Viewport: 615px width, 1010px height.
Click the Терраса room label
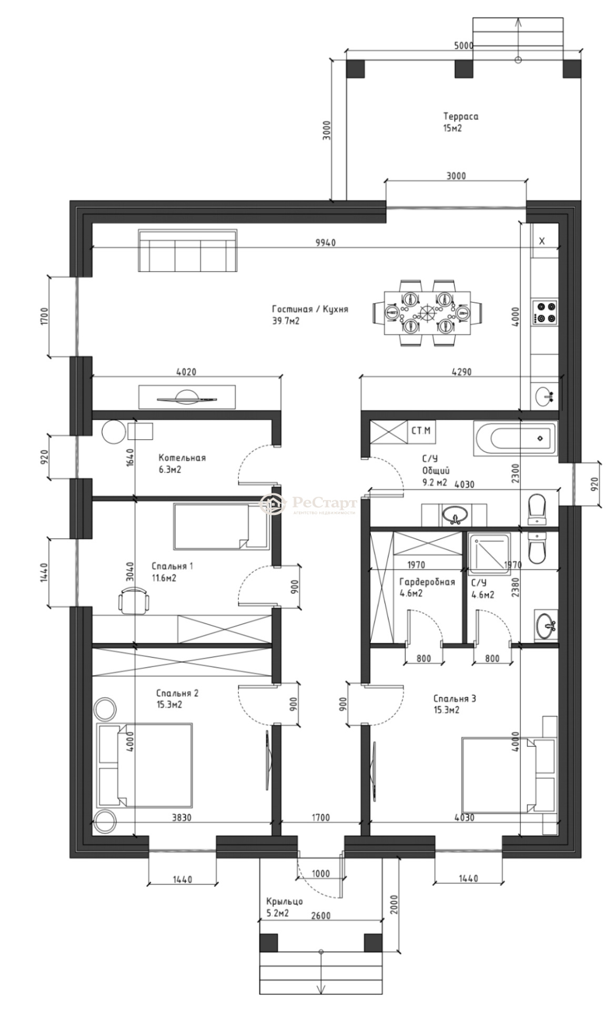point(461,116)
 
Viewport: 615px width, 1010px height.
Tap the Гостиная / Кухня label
point(310,309)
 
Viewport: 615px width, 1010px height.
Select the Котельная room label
point(182,458)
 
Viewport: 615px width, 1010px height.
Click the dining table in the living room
point(427,313)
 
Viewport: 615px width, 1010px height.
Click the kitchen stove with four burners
point(545,312)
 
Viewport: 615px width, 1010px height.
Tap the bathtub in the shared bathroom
point(515,438)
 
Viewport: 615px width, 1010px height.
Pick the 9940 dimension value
point(325,243)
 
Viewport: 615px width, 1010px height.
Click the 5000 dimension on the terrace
point(463,46)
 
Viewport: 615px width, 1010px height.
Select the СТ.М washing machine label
point(421,431)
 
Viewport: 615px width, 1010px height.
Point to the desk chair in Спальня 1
point(134,600)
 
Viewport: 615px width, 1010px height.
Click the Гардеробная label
point(427,582)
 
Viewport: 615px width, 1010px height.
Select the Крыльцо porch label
point(285,902)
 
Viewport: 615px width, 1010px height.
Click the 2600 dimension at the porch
point(320,915)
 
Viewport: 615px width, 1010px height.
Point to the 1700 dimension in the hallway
point(320,817)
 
